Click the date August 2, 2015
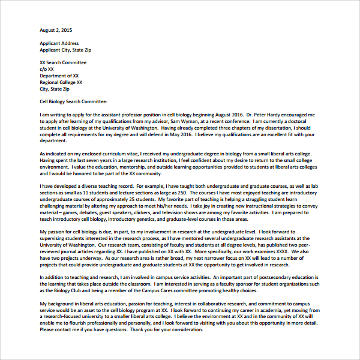56,30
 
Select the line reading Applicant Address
59,44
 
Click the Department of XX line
59,76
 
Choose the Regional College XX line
61,82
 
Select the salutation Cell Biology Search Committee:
73,102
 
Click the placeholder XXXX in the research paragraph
290,253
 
